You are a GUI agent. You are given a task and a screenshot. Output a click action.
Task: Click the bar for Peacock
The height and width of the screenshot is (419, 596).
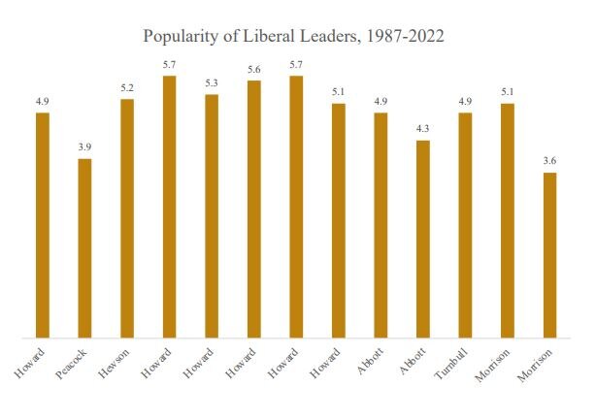84,248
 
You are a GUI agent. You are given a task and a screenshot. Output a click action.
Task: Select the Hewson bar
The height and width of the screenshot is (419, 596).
127,218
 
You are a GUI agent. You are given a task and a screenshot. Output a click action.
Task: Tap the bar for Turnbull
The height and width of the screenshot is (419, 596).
465,225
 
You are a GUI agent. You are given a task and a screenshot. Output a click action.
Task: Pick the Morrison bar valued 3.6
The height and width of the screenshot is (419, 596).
549,255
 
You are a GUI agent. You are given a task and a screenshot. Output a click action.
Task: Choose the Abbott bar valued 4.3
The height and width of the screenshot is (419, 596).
422,240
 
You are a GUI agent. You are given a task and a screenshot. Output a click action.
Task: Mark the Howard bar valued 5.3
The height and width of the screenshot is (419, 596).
212,216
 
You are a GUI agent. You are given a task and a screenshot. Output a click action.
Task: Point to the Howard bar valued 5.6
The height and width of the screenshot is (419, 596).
253,209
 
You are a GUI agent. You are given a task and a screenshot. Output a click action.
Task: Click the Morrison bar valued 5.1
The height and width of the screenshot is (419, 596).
507,220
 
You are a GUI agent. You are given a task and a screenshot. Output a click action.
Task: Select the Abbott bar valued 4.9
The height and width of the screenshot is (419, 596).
381,225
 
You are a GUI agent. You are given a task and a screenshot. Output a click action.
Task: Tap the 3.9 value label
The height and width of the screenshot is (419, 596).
84,146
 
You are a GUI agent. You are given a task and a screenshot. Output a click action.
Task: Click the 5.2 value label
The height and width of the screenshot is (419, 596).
127,87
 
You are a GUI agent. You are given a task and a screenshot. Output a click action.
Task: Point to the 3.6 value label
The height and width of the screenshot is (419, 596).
549,161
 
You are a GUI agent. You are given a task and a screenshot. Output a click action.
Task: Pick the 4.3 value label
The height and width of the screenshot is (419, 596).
422,129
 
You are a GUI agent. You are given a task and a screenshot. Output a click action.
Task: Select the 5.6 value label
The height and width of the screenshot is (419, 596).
253,69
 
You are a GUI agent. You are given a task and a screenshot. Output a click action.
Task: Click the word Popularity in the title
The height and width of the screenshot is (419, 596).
182,37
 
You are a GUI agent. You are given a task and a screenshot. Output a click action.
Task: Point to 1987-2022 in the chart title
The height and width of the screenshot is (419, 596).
401,37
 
